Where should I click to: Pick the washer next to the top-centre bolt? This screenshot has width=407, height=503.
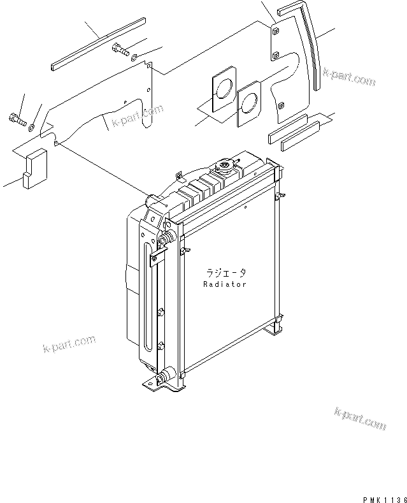[x=135, y=59]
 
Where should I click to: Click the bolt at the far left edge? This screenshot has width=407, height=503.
[x=17, y=119]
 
